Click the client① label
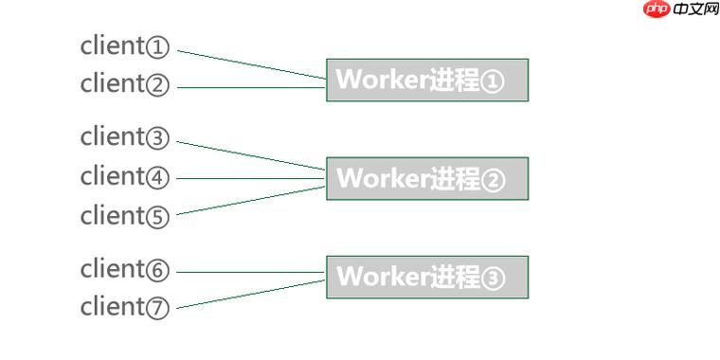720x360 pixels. [x=125, y=45]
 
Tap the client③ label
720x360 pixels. [x=125, y=137]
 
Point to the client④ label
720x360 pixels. [x=125, y=176]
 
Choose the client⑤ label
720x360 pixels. [x=125, y=216]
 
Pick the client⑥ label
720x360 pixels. [x=125, y=269]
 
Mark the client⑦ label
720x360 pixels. [x=125, y=307]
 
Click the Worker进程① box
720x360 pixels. [x=426, y=80]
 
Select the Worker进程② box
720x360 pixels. [x=426, y=178]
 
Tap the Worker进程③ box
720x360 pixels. [x=426, y=277]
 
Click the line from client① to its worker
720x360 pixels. [x=251, y=63]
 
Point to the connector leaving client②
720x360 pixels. [x=251, y=87]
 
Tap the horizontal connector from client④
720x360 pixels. [x=251, y=177]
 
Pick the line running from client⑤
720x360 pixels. [x=251, y=200]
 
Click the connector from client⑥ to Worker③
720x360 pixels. [x=251, y=272]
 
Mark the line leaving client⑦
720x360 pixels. [x=251, y=294]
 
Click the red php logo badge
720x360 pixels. [x=656, y=9]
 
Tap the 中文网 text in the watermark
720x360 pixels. [x=696, y=9]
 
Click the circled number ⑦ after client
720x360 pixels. [x=158, y=309]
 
